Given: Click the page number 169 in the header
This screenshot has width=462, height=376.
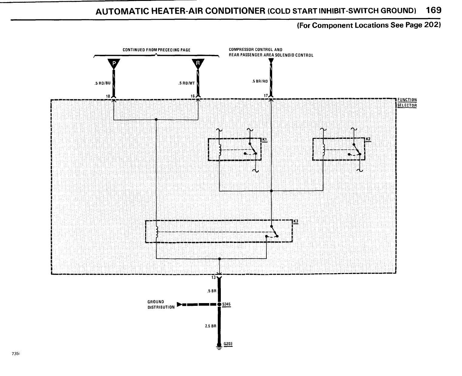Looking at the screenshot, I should (433, 10).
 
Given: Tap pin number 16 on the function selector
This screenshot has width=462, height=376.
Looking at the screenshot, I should (192, 96).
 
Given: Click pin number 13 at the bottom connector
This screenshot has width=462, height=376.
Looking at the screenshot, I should (213, 277).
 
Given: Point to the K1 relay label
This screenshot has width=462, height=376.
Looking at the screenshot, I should (264, 139).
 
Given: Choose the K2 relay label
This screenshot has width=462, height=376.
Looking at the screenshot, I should (369, 139).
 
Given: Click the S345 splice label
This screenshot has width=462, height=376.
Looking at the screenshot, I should (227, 304).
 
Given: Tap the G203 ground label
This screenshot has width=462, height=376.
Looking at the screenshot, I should (228, 344).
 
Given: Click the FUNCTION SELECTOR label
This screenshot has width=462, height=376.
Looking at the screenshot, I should (407, 103).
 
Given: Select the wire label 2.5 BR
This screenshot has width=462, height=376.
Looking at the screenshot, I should (211, 326).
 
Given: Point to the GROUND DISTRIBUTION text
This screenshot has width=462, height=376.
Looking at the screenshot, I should (161, 304).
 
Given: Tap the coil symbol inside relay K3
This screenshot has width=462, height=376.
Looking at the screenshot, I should (156, 232).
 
